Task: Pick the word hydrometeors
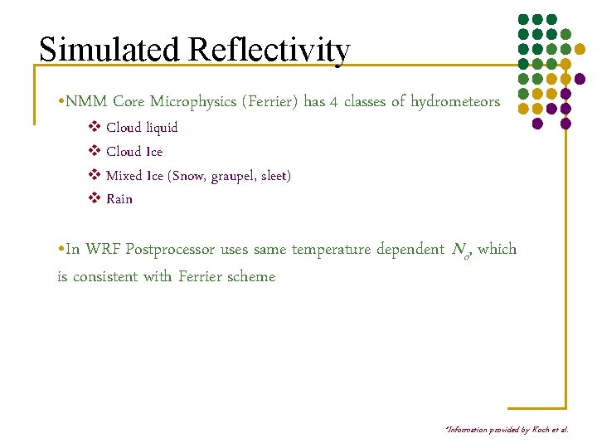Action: click(x=455, y=102)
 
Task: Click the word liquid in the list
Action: click(x=162, y=128)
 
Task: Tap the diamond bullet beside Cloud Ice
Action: click(x=94, y=152)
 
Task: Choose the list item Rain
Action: click(x=119, y=199)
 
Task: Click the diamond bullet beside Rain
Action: click(x=94, y=199)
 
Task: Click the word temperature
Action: click(x=329, y=249)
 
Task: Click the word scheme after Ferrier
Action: click(x=250, y=276)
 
